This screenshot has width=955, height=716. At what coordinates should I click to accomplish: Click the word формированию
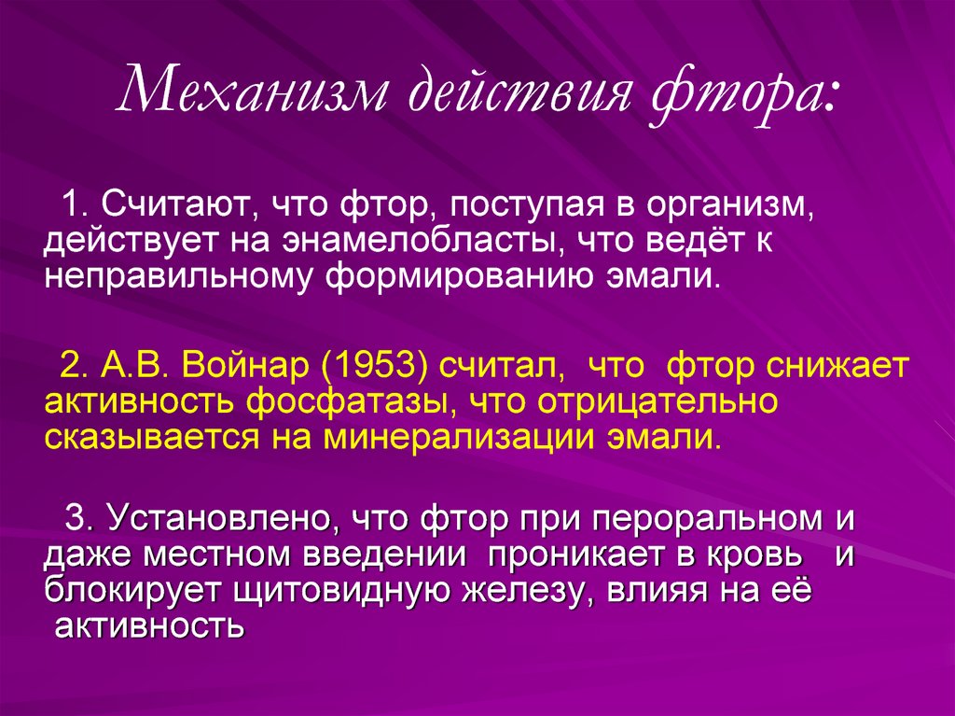coord(460,279)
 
